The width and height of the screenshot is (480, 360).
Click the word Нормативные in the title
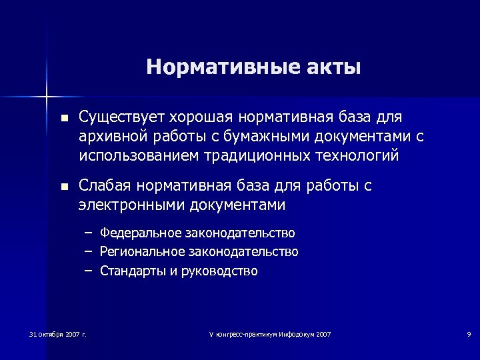pyautogui.click(x=214, y=67)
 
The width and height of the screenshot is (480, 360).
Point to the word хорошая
pyautogui.click(x=195, y=118)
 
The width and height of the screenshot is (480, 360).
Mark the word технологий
pyautogui.click(x=357, y=156)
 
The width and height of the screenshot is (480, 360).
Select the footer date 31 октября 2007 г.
pyautogui.click(x=58, y=333)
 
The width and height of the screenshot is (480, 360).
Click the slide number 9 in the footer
pyautogui.click(x=469, y=333)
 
